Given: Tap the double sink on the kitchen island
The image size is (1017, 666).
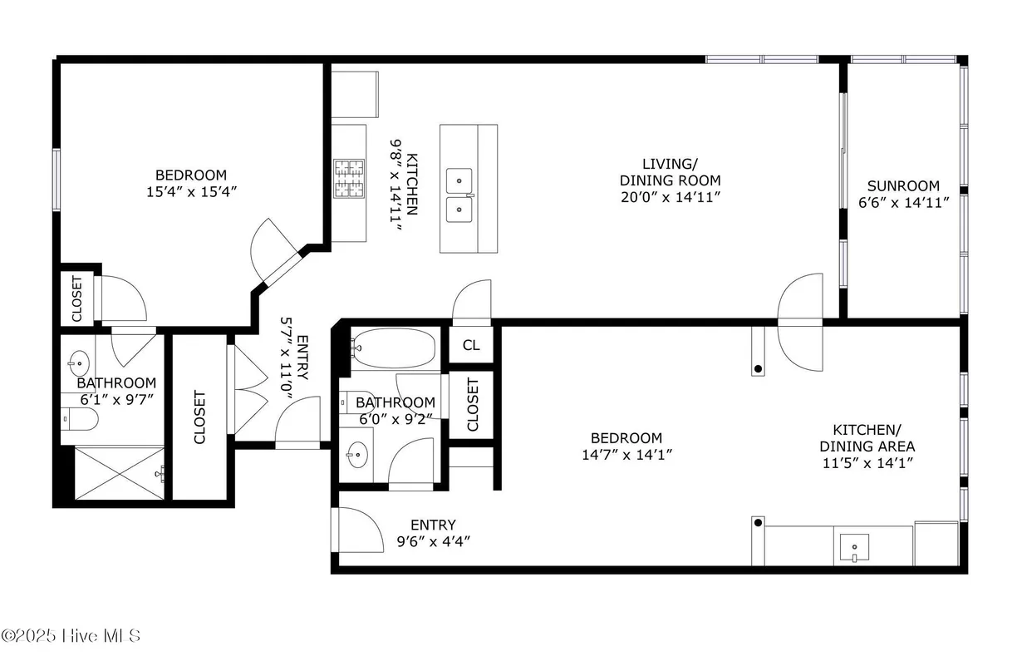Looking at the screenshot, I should (459, 194).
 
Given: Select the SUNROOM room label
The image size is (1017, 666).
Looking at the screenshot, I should (903, 186).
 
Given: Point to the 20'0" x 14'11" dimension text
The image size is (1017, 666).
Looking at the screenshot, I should (671, 197).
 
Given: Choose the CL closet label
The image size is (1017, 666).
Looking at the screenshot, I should (471, 345).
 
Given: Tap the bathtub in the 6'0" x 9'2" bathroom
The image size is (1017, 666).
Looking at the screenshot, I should (393, 348).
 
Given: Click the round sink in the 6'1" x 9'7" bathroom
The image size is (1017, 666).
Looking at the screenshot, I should (79, 362).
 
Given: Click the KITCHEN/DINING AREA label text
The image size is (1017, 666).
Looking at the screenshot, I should (867, 437).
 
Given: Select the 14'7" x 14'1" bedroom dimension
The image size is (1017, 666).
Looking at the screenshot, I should (626, 454).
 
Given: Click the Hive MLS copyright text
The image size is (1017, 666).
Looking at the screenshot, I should (71, 636).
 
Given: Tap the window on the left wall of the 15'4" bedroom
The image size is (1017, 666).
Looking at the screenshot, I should (57, 178).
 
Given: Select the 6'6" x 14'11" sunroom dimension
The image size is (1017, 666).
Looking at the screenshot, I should (903, 203).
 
